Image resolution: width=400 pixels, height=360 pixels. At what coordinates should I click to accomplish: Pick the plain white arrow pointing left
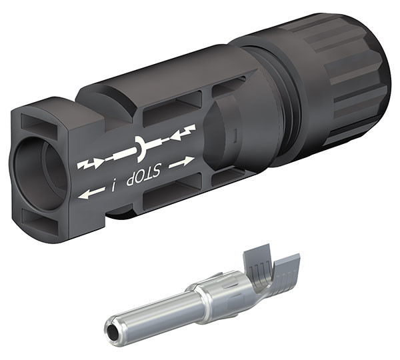[91, 193]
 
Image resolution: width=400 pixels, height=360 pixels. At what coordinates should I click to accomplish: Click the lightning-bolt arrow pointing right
[91, 162]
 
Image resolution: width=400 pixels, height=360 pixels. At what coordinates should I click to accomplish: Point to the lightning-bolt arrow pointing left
[183, 132]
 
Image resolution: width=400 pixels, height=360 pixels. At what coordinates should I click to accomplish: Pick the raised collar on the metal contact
[200, 293]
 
